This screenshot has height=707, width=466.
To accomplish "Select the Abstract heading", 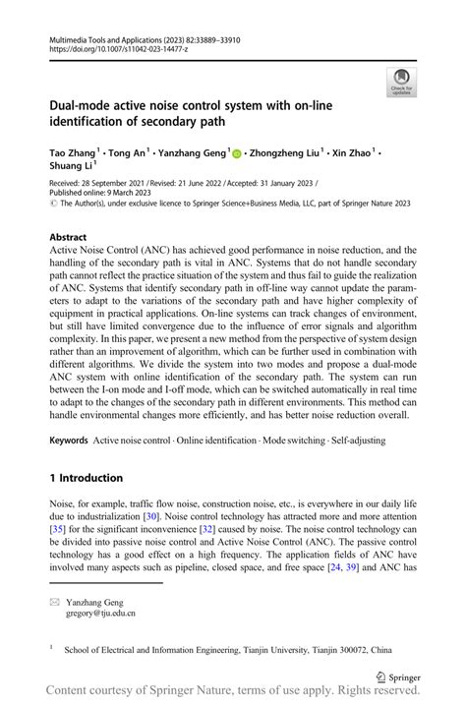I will coord(70,237).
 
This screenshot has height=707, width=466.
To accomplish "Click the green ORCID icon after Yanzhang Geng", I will coord(236,153).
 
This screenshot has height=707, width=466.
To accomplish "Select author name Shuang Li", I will coord(70,167).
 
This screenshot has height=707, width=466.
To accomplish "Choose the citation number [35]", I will coord(59,528).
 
